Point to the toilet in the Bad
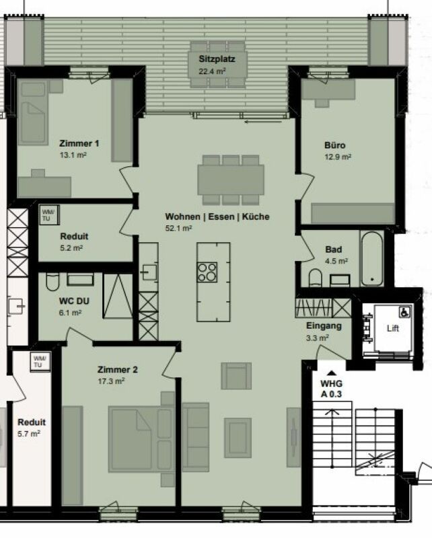315,278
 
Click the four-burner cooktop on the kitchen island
207,272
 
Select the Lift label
392,330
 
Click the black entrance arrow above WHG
331,372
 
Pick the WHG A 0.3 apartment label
331,389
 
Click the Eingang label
324,326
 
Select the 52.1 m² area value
179,228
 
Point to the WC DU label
74,301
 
